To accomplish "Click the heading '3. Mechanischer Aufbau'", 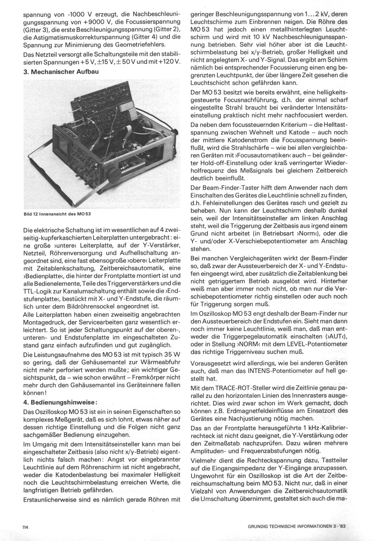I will pos(61,72).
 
